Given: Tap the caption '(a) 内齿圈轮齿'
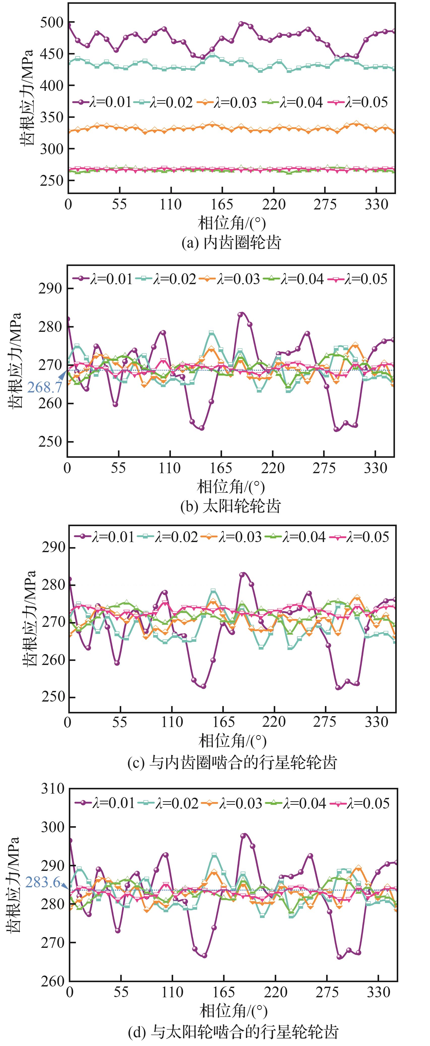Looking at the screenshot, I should click(231, 243).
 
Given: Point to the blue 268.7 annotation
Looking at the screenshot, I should click(45, 387).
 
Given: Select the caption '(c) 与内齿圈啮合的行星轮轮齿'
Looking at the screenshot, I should click(232, 763).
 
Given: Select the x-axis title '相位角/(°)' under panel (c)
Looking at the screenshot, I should click(232, 741).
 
